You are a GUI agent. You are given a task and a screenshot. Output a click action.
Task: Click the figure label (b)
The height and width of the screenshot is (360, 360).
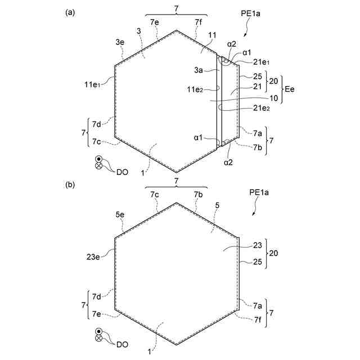click(70, 184)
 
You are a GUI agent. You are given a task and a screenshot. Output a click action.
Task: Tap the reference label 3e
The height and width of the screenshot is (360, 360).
click(120, 42)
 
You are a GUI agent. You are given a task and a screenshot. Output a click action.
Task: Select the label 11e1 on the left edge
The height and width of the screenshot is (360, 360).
click(93, 84)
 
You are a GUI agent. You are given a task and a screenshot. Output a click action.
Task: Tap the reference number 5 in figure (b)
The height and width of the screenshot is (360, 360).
click(217, 205)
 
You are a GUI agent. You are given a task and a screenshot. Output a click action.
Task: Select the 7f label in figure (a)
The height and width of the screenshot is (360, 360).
click(199, 22)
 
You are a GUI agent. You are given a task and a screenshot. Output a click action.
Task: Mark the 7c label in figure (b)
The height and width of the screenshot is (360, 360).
click(154, 194)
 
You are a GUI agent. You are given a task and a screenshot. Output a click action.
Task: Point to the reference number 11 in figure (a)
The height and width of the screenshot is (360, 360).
click(213, 35)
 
